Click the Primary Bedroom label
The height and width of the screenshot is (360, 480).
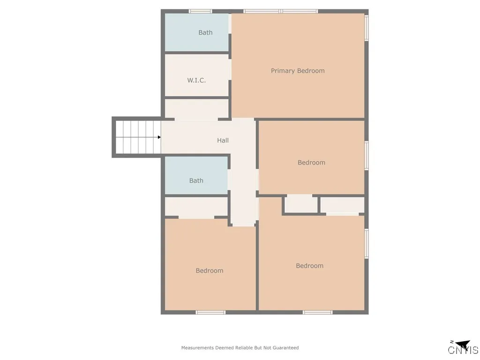tap(298, 71)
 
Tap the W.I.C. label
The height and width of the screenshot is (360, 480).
tap(196, 80)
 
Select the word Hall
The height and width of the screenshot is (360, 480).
tap(223, 140)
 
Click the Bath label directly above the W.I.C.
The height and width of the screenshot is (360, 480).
tap(205, 32)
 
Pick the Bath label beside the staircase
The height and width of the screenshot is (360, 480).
tap(196, 180)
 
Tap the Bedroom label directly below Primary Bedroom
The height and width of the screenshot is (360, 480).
tap(311, 163)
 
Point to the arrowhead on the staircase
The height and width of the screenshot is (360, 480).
tap(159, 137)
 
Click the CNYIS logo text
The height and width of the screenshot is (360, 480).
tap(463, 350)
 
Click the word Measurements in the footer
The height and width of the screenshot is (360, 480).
tap(197, 348)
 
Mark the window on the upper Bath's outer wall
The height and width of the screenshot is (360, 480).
tap(200, 11)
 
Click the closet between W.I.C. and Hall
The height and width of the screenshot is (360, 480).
tap(196, 109)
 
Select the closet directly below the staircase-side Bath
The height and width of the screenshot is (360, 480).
tap(196, 207)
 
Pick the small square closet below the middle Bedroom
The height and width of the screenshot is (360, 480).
tap(301, 204)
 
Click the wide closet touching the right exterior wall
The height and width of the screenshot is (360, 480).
tap(342, 205)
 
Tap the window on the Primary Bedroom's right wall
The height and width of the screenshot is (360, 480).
tap(367, 28)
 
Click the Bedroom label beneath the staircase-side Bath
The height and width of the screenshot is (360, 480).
tap(210, 270)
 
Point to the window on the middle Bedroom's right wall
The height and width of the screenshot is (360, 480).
tap(367, 156)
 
